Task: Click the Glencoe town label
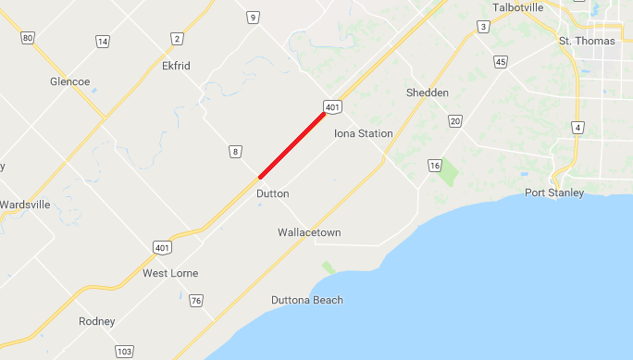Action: point(69,81)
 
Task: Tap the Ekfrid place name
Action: point(176,66)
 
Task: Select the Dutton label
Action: point(272,193)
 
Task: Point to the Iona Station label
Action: point(363,134)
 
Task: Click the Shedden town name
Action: point(428,93)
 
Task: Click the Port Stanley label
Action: point(554,192)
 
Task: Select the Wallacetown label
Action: point(309,232)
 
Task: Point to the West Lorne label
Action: point(170,273)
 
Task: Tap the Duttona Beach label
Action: point(307,300)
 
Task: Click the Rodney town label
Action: point(97,321)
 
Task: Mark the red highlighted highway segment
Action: point(292,143)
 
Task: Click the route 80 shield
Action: point(27,38)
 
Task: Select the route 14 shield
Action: point(102,42)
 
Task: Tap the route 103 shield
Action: point(124,352)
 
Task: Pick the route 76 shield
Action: point(195,301)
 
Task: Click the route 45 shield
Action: point(501,62)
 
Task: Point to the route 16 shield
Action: point(434,165)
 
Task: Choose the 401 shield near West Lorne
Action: point(162,248)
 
